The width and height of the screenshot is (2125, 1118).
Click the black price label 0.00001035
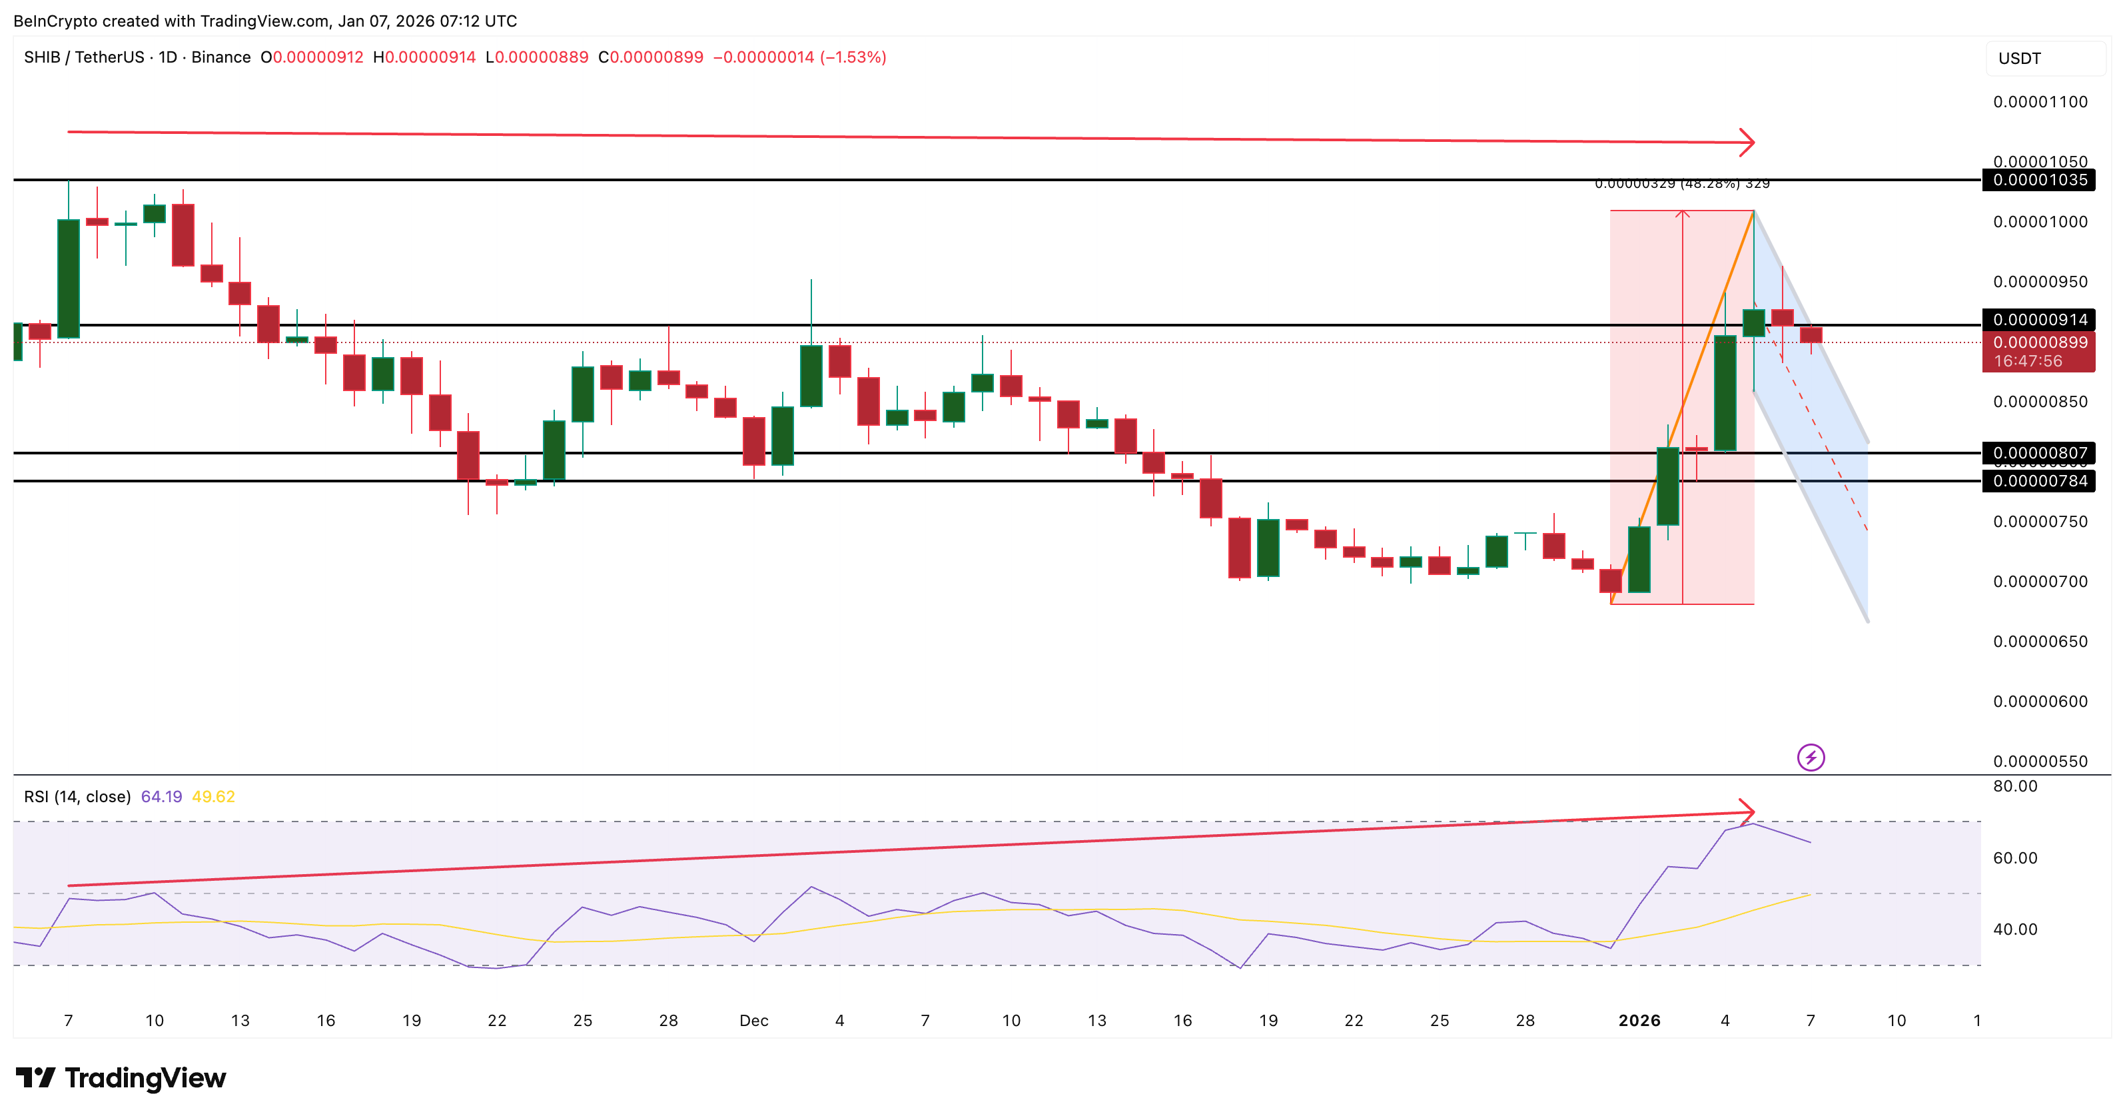2039,180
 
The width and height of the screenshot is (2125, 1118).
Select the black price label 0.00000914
2039,319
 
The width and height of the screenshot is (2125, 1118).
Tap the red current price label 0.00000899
2039,342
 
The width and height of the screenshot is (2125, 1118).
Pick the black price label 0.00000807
2039,453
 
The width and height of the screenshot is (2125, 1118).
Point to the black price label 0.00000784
2039,481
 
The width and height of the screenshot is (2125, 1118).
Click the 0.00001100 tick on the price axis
2039,103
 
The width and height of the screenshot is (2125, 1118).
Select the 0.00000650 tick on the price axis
2039,642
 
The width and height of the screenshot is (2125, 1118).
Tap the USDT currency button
2018,59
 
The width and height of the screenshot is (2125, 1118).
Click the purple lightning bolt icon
1811,758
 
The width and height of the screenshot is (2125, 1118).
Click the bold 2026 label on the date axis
1639,1021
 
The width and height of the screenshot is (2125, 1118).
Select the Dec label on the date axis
753,1021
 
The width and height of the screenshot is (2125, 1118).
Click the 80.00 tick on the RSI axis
2014,786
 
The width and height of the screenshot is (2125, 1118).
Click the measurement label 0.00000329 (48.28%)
1681,183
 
